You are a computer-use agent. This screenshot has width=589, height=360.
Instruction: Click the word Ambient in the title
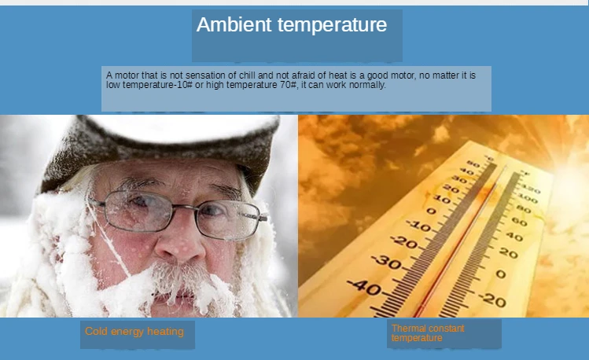pyautogui.click(x=234, y=25)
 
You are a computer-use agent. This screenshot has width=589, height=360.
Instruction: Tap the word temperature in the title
pyautogui.click(x=332, y=25)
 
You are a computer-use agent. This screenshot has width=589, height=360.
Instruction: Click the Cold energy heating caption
pyautogui.click(x=134, y=332)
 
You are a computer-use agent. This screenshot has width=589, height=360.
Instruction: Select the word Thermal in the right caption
pyautogui.click(x=407, y=329)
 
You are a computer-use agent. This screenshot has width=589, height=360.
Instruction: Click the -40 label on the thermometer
pyautogui.click(x=364, y=288)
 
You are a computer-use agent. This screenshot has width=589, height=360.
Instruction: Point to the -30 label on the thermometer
pyautogui.click(x=387, y=261)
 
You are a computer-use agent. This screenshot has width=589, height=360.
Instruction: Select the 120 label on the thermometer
pyautogui.click(x=531, y=189)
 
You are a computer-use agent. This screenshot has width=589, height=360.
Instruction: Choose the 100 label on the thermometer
pyautogui.click(x=528, y=197)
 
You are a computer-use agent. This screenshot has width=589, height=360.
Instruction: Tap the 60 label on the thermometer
pyautogui.click(x=519, y=222)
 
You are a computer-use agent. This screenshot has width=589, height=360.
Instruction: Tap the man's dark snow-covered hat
pyautogui.click(x=161, y=149)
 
